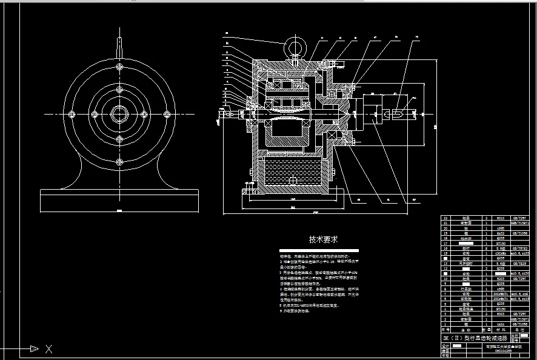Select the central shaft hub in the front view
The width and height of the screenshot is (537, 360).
[x=119, y=114]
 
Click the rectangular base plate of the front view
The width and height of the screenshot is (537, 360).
[x=119, y=199]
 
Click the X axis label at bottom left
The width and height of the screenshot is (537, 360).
[x=49, y=348]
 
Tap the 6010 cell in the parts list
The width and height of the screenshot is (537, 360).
[x=501, y=217]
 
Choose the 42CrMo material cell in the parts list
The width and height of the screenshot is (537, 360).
[x=501, y=253]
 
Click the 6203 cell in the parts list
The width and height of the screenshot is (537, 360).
[x=501, y=279]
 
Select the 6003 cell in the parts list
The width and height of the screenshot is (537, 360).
[x=501, y=314]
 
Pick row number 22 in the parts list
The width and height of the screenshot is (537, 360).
[x=447, y=217]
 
